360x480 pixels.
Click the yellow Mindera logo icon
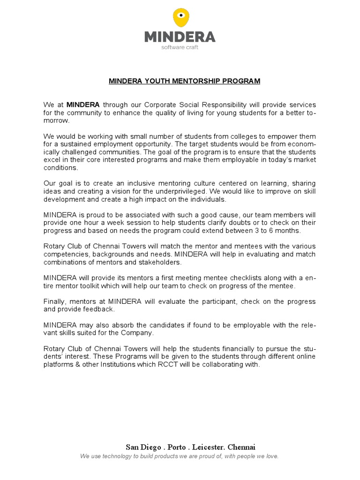click(x=180, y=18)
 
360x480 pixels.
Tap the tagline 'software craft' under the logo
click(x=180, y=47)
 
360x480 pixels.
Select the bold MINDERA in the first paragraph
click(x=83, y=105)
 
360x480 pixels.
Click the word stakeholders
click(x=162, y=262)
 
